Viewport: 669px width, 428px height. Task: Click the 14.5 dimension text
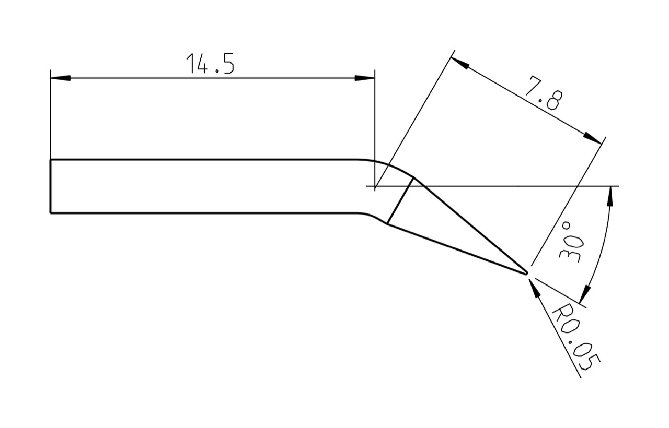[210, 64]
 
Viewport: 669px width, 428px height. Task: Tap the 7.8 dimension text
[544, 93]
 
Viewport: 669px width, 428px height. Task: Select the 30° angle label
[570, 242]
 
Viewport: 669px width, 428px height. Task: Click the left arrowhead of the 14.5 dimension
[60, 78]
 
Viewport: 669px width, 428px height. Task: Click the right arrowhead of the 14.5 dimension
[365, 78]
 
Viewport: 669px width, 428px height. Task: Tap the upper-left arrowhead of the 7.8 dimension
[459, 63]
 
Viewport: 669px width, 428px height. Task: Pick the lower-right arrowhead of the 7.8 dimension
[593, 138]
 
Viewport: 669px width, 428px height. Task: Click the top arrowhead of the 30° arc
[610, 196]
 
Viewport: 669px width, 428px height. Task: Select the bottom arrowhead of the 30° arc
[585, 295]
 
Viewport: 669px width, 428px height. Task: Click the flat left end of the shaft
[51, 186]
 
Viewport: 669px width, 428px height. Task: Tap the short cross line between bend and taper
[400, 200]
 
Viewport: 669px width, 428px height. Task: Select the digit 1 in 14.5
[190, 64]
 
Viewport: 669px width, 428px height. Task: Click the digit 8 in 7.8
[555, 100]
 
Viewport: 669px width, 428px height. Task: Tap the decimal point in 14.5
[217, 72]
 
